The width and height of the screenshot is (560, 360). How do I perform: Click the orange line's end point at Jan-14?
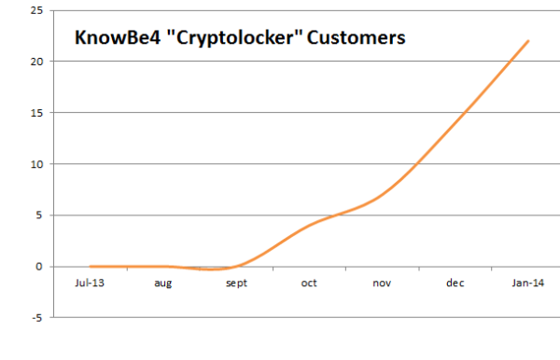click(x=528, y=41)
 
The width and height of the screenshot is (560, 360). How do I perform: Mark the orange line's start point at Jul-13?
click(x=91, y=267)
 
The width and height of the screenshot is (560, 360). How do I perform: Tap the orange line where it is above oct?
click(x=309, y=225)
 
